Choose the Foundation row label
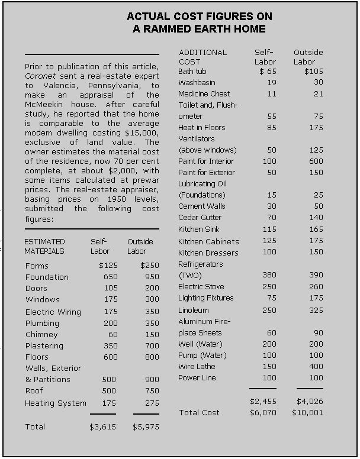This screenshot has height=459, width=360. click(47, 277)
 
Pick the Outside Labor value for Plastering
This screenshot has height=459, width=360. click(149, 345)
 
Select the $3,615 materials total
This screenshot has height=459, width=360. click(102, 426)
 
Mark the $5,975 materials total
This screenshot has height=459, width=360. click(146, 426)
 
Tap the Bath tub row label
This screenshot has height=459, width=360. click(194, 72)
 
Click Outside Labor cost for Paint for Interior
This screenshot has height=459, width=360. click(315, 161)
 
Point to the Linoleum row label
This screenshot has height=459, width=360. click(194, 310)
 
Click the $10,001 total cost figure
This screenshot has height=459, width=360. click(307, 412)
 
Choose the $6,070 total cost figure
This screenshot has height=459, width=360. click(263, 412)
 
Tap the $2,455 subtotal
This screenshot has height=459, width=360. click(263, 401)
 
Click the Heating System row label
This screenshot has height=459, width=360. click(56, 403)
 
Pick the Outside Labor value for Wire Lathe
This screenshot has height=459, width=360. click(315, 367)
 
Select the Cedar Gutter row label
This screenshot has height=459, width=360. click(200, 218)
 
